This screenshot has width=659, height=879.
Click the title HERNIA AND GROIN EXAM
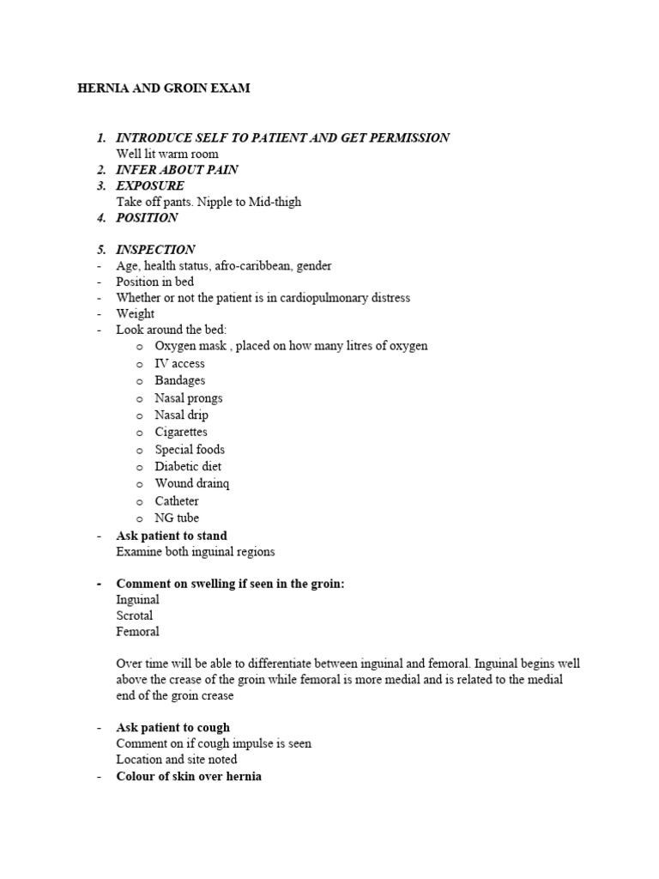tap(164, 88)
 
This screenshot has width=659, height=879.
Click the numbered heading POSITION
tap(147, 217)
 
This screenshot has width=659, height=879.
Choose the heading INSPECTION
tap(155, 250)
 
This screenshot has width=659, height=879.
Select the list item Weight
tap(136, 314)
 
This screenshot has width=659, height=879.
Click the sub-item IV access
tap(179, 364)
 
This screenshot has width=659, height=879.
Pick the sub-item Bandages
tap(179, 380)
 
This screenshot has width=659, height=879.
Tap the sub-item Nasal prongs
tap(188, 398)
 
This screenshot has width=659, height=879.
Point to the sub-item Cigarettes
tap(180, 432)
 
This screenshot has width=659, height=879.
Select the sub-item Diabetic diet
tap(188, 466)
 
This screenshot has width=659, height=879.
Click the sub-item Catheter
tap(177, 500)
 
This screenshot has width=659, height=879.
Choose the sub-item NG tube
tap(177, 518)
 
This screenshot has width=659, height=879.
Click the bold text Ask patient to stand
tap(172, 536)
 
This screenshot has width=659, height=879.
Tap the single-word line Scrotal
tap(135, 615)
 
